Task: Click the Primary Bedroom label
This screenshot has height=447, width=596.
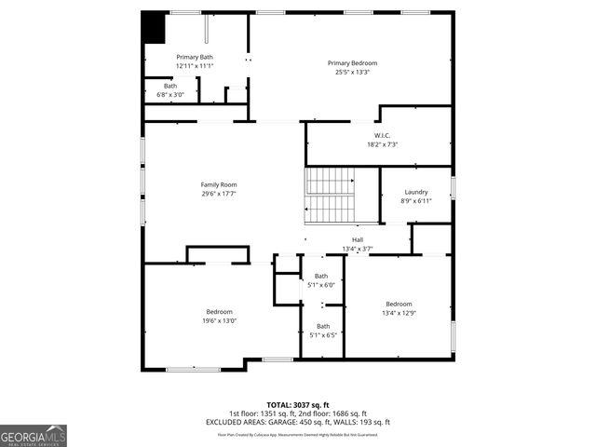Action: (x=352, y=63)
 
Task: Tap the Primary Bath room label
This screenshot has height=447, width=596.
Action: (x=195, y=58)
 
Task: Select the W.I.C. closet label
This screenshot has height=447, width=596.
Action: (x=382, y=136)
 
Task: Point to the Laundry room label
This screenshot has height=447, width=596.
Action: (x=416, y=192)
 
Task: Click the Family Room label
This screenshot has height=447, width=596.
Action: (x=219, y=184)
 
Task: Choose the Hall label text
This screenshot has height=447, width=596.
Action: (x=358, y=240)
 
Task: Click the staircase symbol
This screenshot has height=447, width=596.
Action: (x=331, y=196)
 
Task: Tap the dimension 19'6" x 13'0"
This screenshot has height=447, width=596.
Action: (x=220, y=320)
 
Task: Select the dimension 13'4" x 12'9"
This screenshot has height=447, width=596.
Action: (x=399, y=313)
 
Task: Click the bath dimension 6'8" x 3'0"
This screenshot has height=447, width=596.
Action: (x=170, y=94)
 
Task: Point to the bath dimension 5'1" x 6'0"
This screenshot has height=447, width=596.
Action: (x=321, y=285)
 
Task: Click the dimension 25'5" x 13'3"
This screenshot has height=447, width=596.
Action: (x=352, y=73)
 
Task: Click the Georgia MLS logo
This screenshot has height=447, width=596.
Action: (x=34, y=435)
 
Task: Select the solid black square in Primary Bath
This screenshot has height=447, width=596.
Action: (x=153, y=27)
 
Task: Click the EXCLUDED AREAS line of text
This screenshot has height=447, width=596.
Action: (x=298, y=421)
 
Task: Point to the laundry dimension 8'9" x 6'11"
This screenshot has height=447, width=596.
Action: (x=416, y=201)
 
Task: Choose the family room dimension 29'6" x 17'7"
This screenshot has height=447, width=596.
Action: (x=219, y=194)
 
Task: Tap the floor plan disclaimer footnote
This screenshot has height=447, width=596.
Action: (x=298, y=434)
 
